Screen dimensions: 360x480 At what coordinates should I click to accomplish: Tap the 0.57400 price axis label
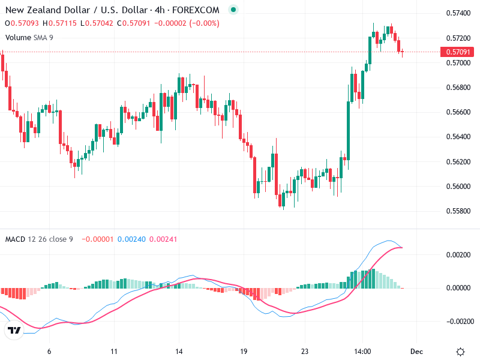coord(458,13)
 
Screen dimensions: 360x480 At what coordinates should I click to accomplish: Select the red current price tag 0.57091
coord(458,52)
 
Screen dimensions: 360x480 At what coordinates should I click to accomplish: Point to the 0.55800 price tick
coord(458,211)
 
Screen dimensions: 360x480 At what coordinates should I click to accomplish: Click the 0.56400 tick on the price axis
coord(458,137)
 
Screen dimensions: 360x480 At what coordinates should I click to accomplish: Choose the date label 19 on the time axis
coord(244,352)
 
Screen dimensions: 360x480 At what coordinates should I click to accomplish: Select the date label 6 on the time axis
coord(49,352)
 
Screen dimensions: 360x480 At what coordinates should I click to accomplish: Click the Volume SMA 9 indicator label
coord(29,37)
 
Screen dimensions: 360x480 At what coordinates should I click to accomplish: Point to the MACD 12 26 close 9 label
coord(39,239)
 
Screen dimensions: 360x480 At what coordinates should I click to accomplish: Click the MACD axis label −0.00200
coord(458,321)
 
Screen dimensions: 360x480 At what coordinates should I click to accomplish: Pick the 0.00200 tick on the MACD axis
coord(458,255)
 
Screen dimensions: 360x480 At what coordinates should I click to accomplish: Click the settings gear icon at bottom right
coord(460,352)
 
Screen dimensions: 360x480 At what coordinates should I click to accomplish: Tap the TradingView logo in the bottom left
coord(14,330)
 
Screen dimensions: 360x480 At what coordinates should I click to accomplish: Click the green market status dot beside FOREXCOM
coord(233,10)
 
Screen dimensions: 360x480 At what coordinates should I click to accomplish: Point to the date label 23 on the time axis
coord(305,352)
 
